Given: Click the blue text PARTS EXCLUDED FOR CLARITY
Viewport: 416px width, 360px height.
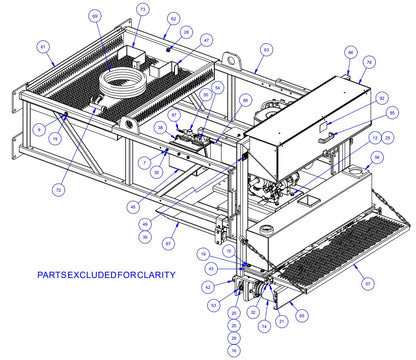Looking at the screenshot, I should click(105, 274).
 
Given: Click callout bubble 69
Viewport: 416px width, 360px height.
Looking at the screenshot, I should click(95, 17).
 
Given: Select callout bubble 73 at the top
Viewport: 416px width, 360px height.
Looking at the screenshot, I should click(142, 9).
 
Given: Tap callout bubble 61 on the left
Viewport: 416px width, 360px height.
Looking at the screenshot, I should click(44, 46).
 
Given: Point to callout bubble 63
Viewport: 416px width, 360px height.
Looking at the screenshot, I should click(266, 48).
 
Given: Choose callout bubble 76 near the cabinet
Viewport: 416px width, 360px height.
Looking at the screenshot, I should click(369, 62).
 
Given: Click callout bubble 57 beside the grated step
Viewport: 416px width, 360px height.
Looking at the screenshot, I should click(367, 284).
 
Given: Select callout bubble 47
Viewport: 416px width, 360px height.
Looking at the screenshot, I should click(206, 40).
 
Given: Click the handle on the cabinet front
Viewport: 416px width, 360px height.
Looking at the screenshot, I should click(323, 141).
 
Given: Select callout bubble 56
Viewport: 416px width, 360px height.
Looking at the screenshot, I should click(376, 157).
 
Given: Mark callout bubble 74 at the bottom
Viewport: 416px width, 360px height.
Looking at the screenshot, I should click(263, 326).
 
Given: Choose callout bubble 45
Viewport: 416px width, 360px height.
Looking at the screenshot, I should click(132, 207).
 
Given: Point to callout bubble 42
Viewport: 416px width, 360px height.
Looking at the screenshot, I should click(209, 287).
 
